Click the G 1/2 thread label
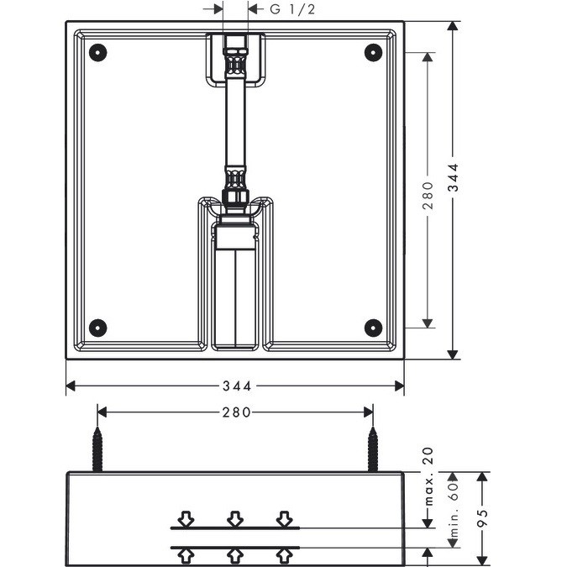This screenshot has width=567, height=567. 292,9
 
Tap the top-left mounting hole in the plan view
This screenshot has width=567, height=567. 97,52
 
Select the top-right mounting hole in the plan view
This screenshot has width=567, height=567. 373,52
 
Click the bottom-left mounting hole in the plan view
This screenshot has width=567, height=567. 97,328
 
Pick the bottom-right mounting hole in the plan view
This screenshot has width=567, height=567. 373,328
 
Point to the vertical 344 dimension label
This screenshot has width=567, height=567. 453,177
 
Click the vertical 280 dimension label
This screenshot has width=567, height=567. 428,196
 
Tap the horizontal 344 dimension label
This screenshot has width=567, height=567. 237,386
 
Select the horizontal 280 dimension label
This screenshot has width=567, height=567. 237,412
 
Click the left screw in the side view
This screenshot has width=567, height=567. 97,449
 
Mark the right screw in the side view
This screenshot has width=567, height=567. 373,449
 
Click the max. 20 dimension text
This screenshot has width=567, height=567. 428,476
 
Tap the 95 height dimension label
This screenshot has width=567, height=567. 482,518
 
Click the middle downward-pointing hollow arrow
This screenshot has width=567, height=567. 235,518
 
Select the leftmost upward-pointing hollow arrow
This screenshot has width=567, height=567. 186,557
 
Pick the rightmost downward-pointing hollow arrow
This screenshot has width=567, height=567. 284,518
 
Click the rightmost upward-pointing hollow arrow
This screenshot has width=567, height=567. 284,557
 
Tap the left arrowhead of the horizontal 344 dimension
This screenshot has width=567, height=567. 71,386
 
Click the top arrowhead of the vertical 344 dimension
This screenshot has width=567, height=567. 453,26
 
